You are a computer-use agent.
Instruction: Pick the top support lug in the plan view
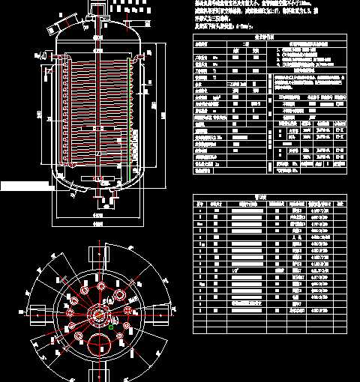(x=97, y=253)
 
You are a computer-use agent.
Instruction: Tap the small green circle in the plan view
(x=111, y=327)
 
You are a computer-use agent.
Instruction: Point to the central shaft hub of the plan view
(x=97, y=314)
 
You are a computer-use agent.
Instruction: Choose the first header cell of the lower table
(x=199, y=204)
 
